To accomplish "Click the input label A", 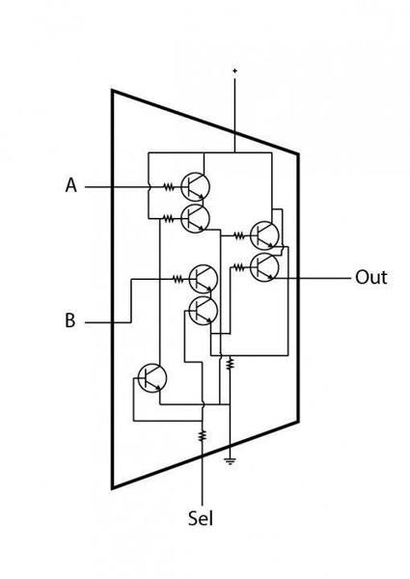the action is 71,185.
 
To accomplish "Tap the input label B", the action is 70,320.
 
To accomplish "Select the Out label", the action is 371,277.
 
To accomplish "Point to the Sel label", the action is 201,517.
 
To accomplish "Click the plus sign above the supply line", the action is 234,69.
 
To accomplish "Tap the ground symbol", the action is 230,460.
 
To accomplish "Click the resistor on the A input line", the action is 169,187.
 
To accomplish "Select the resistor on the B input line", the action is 178,279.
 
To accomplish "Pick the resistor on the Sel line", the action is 202,435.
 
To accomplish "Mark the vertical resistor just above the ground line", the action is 230,363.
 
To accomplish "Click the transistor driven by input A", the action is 195,187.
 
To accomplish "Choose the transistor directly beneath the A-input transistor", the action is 195,219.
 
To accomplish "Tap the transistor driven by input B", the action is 203,279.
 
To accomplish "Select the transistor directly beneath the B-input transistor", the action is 203,311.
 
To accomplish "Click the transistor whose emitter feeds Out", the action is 264,267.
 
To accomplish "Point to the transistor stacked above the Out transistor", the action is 264,234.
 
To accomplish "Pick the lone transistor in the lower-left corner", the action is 152,377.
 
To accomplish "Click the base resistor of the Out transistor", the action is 239,267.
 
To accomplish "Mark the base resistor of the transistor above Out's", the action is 239,234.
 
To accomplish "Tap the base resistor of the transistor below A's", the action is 169,219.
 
